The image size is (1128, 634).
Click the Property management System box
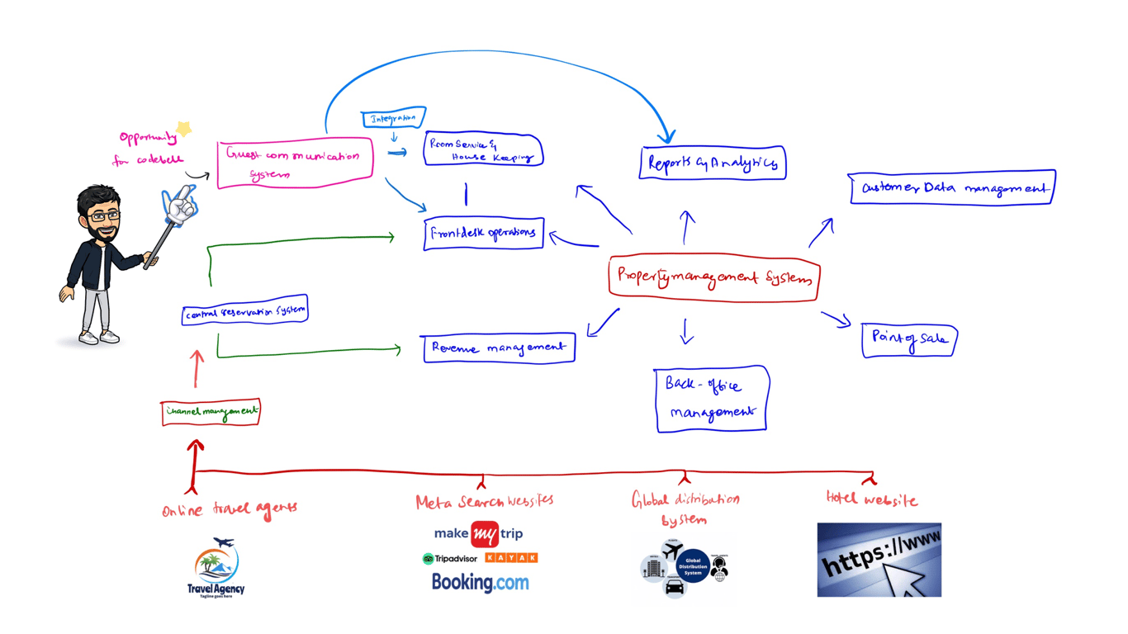coord(714,278)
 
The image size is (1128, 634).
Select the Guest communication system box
coord(295,163)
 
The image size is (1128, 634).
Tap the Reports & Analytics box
coord(713,163)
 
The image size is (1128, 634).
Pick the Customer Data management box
coord(952,187)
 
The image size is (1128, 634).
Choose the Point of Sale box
coord(909,339)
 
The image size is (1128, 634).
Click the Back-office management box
coord(712,399)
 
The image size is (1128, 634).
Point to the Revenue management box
coord(498,348)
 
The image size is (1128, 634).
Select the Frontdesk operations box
coord(484,234)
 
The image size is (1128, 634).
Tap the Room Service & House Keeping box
coord(483,149)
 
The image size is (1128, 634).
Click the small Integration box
coord(394,118)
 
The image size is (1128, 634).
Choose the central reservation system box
coord(245,312)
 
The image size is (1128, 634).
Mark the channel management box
coord(211,411)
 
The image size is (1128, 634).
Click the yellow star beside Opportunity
coord(184,129)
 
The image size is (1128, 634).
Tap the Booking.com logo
coord(481,583)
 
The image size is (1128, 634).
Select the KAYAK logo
coord(512,558)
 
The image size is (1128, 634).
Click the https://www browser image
coord(879,560)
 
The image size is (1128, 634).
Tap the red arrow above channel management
coord(197,368)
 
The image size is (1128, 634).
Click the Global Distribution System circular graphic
coord(692,566)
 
